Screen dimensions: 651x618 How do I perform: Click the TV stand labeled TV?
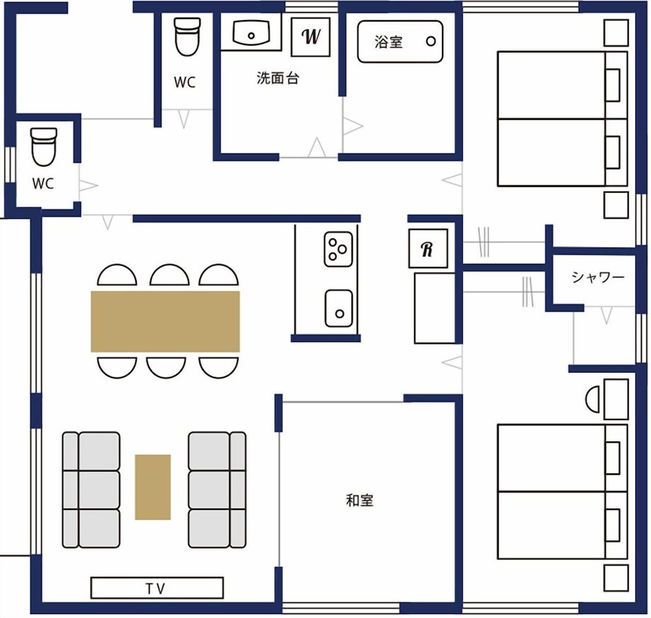(157, 587)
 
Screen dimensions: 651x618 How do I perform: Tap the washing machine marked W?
(311, 37)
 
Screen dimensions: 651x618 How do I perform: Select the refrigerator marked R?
(428, 248)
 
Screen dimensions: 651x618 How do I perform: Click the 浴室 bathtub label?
(388, 42)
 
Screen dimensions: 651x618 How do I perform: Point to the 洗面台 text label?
(278, 78)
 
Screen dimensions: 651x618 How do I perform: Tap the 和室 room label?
(359, 501)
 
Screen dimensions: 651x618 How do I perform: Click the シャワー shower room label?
(598, 277)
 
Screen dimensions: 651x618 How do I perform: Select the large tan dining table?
(165, 322)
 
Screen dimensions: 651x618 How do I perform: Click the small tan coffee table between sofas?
(153, 487)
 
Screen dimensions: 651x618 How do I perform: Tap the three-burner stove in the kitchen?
(339, 249)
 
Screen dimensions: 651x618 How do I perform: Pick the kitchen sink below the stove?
(339, 309)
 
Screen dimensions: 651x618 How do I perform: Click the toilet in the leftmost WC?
(44, 147)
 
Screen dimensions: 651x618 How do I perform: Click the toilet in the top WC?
(187, 36)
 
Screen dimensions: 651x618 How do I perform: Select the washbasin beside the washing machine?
(251, 33)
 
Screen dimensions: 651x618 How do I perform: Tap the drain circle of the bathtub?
(431, 42)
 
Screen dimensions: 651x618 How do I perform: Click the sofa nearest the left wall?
(91, 490)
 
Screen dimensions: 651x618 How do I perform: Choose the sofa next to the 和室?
(217, 490)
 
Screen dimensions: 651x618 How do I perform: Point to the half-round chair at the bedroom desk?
(592, 400)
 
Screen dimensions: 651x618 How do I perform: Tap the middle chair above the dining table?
(169, 275)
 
